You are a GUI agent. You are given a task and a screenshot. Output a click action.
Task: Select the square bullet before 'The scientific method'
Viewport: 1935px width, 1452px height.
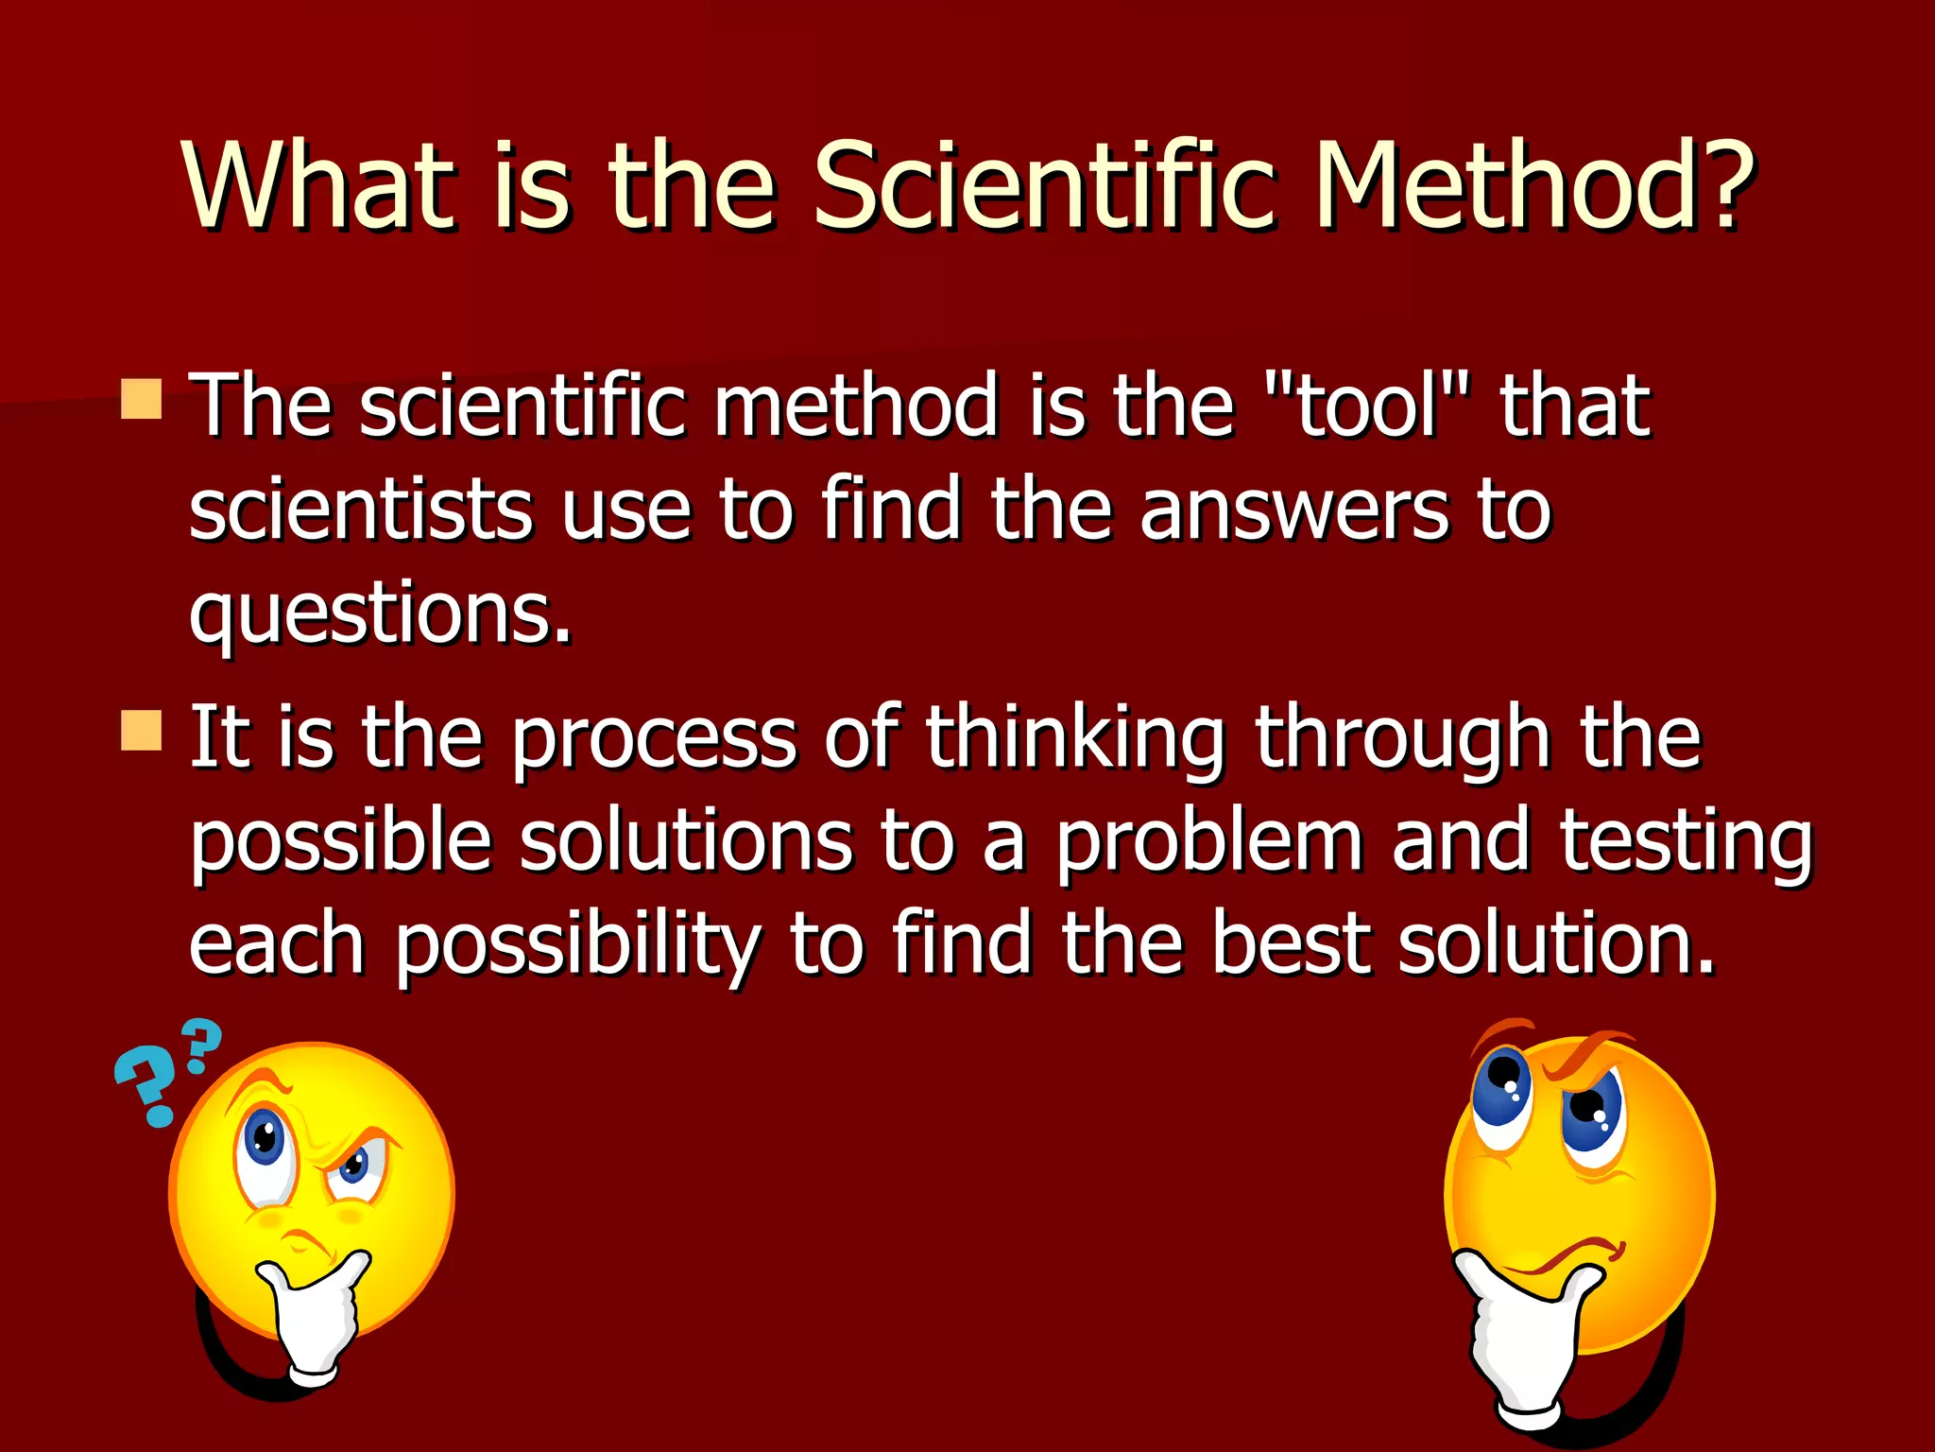pos(142,399)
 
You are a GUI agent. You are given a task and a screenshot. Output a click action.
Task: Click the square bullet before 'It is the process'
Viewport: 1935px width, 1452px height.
pos(142,731)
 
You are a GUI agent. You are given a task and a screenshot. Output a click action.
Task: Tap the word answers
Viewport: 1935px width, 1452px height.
pos(1294,510)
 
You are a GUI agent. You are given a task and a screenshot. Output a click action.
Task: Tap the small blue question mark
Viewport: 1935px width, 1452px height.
pos(201,1044)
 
